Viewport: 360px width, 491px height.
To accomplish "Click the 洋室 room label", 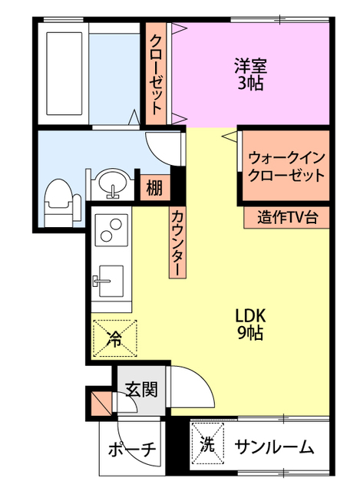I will coord(249,66).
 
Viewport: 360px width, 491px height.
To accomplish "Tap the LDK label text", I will coord(249,315).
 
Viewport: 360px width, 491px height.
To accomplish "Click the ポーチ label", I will coord(132,449).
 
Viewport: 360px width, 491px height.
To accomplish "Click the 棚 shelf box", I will coord(154,186).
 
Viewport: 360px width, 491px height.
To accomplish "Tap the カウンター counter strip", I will coord(177,243).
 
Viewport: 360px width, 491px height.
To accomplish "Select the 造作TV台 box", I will coord(287,217).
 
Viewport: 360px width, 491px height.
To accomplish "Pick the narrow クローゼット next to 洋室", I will coord(156,74).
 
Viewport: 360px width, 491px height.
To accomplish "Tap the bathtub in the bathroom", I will coord(63,74).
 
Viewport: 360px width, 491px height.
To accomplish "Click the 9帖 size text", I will coord(249,332).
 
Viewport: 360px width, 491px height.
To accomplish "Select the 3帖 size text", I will coord(249,83).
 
